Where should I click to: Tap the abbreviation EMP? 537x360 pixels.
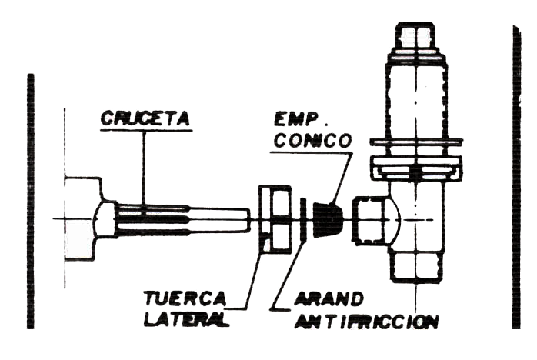coord(301,122)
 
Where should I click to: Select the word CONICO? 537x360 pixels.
coord(312,142)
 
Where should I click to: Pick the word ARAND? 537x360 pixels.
coord(319,298)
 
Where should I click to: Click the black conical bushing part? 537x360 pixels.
coord(328,218)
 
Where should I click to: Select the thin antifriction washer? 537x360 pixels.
coord(305,220)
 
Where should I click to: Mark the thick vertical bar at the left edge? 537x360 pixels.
coord(31,200)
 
